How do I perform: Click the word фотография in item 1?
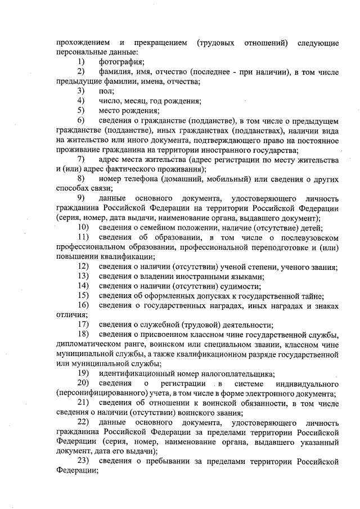(x=121, y=61)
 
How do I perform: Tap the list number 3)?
(x=82, y=91)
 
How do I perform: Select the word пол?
(x=106, y=91)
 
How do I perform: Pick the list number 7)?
(x=82, y=160)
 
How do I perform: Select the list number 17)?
(x=84, y=325)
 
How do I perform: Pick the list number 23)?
(x=84, y=462)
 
